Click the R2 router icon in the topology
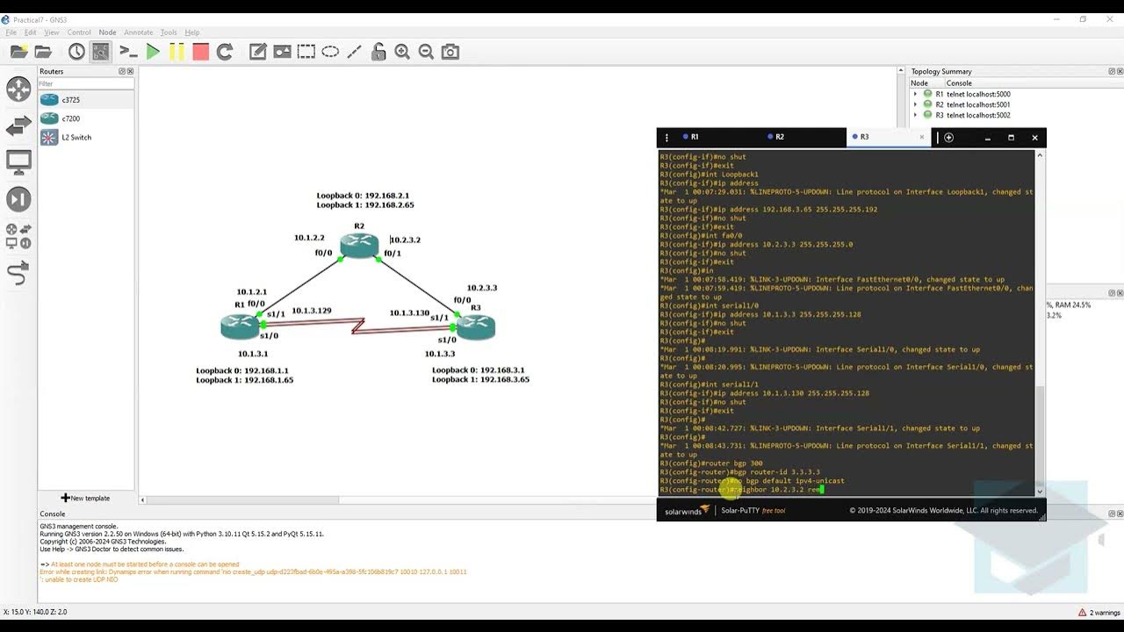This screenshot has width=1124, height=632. [x=359, y=245]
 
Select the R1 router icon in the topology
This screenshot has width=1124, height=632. [x=240, y=326]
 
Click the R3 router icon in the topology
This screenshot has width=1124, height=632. [x=476, y=327]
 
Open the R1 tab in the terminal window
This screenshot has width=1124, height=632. [x=694, y=137]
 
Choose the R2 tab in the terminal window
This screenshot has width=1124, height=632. [x=779, y=137]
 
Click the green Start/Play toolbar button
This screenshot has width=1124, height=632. [x=153, y=52]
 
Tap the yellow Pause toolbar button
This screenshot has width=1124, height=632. [x=177, y=52]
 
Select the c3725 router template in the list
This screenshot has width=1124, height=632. [x=70, y=100]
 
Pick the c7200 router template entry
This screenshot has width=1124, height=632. [x=70, y=118]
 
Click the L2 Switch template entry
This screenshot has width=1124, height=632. [x=76, y=138]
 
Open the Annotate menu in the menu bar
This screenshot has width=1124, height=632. [x=138, y=32]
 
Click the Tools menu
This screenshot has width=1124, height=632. [x=169, y=32]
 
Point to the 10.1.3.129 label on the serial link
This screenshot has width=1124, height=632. [x=312, y=311]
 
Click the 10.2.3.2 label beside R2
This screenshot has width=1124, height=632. [x=406, y=240]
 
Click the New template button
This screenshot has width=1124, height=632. [x=85, y=498]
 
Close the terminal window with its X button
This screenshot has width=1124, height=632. [x=1034, y=138]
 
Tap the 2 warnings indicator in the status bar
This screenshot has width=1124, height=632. [x=1099, y=612]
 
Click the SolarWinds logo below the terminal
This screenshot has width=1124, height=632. [x=687, y=511]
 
